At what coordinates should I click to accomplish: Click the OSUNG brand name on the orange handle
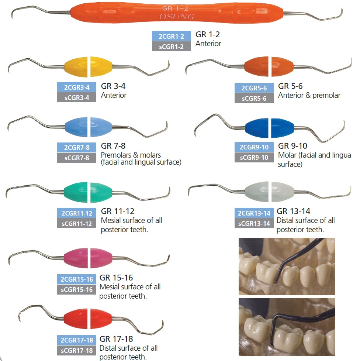[177, 17]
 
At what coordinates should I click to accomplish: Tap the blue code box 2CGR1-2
[172, 36]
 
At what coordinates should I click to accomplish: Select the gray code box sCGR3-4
[77, 97]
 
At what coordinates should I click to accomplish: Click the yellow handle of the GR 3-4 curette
[89, 67]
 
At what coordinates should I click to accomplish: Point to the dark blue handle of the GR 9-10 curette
[269, 128]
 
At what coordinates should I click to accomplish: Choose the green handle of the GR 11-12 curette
[88, 192]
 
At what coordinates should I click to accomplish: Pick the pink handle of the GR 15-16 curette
[88, 258]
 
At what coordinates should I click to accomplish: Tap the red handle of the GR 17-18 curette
[88, 319]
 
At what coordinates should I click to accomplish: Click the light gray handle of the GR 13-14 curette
[270, 192]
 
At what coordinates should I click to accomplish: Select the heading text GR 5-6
[290, 86]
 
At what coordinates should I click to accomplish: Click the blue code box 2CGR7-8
[77, 147]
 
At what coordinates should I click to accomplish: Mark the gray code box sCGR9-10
[254, 158]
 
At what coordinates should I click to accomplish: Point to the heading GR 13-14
[293, 211]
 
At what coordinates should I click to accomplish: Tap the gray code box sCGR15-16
[77, 290]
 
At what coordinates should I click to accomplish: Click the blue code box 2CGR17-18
[77, 340]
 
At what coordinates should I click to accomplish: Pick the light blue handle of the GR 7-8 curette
[89, 127]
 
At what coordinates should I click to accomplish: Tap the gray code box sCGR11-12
[77, 224]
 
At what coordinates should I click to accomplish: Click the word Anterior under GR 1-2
[208, 44]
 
